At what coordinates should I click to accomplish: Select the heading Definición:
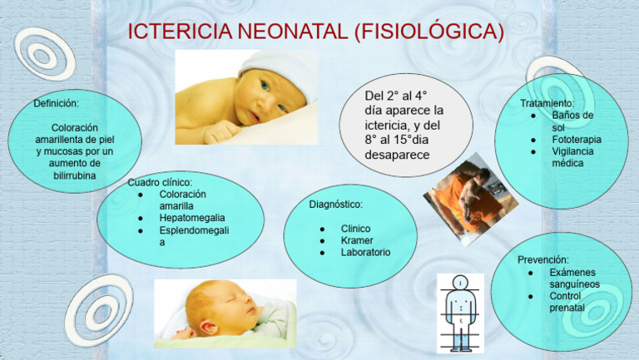(57, 104)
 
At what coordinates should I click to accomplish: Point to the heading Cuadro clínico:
(161, 181)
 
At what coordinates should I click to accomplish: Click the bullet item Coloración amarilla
(183, 200)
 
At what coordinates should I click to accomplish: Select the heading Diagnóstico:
(336, 204)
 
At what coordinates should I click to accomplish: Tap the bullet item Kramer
(357, 240)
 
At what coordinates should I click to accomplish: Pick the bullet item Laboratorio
(365, 252)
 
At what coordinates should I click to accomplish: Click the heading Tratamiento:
(547, 103)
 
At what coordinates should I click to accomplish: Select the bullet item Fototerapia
(576, 140)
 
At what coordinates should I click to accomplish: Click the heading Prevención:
(543, 259)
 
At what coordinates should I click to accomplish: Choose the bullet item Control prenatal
(567, 302)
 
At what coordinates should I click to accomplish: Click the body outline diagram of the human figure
(458, 313)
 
